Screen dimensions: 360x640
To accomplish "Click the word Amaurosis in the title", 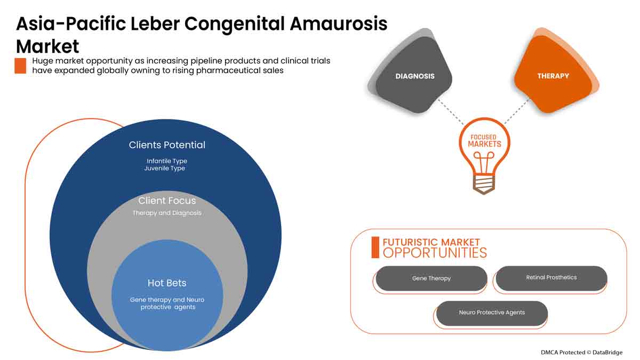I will [x=331, y=24].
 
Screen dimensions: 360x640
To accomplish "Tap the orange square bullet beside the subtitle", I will [x=20, y=66].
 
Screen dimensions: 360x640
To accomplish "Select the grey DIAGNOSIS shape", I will [x=414, y=76].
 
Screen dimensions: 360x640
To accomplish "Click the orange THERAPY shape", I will [x=553, y=76].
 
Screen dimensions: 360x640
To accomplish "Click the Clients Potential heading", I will [x=167, y=145].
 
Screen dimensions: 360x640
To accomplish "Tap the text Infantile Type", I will [x=167, y=161].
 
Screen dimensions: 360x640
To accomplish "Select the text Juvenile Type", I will [x=164, y=168].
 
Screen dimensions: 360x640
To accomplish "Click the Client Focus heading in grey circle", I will [x=167, y=201].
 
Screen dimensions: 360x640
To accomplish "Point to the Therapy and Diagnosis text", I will [x=167, y=213].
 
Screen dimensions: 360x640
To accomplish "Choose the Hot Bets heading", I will [x=167, y=283].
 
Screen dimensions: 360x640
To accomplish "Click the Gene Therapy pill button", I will [x=431, y=278].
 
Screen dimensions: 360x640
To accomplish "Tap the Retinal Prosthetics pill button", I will [x=551, y=278].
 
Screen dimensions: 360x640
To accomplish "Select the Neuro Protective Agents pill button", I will [x=492, y=313].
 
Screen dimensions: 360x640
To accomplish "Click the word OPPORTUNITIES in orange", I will [x=435, y=253].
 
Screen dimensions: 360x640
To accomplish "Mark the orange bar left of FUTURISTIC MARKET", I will [x=375, y=247].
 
